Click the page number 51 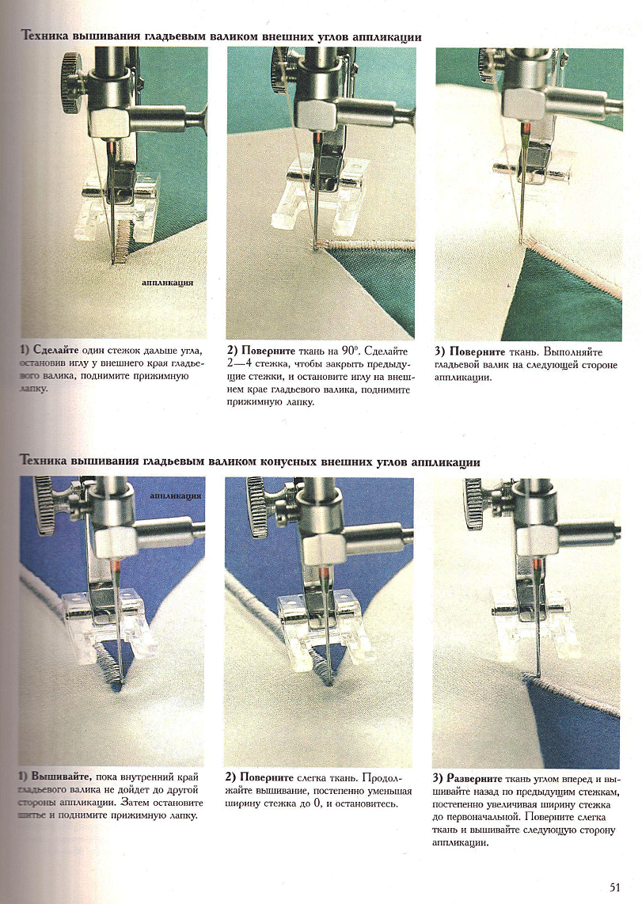[x=614, y=886]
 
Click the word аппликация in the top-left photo [x=168, y=283]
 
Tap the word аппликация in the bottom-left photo [x=175, y=496]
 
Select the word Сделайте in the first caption [x=56, y=351]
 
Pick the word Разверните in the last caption [x=474, y=777]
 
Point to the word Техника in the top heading [x=44, y=37]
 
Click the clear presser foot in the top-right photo [x=530, y=165]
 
